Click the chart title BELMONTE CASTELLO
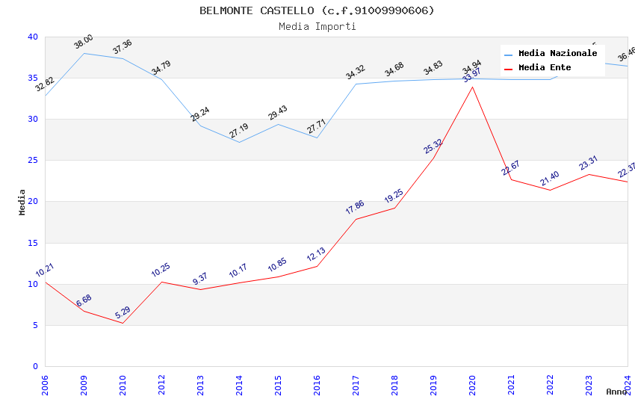[317, 10]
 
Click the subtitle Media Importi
[317, 27]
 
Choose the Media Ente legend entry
[544, 68]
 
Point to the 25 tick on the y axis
[32, 161]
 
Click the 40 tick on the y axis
[32, 37]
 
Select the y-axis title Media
[22, 202]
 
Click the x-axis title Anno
[616, 392]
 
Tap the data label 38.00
[84, 42]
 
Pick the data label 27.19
[239, 131]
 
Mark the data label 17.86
[356, 208]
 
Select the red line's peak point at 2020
[472, 87]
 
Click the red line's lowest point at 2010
[123, 323]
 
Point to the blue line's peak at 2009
[84, 53]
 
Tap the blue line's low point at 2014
[239, 142]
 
